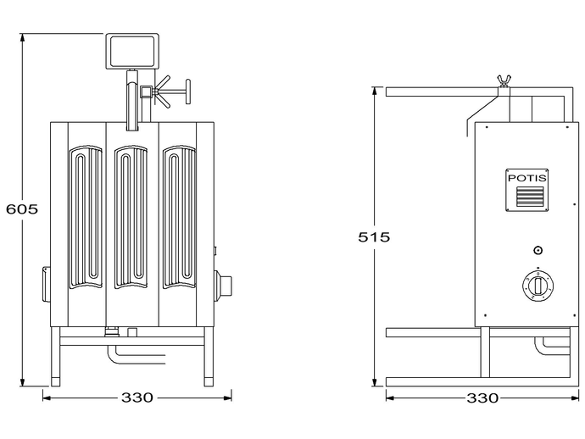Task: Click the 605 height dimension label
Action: coord(22,208)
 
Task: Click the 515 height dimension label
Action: coord(374,236)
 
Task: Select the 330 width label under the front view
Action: coord(136,397)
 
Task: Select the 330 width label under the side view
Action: coord(482,398)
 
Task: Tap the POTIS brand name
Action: coord(527,178)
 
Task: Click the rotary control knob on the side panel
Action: coord(538,286)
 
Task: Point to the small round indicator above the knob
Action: coord(538,250)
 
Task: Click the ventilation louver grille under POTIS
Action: coord(530,197)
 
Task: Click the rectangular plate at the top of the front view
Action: coord(132,51)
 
